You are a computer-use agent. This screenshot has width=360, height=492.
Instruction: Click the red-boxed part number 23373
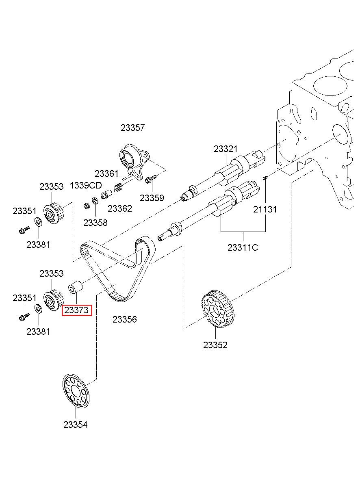point(76,310)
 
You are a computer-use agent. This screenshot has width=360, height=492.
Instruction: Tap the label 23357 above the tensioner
point(133,128)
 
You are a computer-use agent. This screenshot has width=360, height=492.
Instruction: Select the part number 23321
point(226,149)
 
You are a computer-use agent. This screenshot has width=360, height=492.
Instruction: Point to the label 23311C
point(243,247)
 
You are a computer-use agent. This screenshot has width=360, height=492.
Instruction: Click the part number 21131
point(265,209)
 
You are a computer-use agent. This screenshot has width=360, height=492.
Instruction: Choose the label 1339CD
point(86,185)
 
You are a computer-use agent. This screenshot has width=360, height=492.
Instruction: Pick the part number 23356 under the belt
point(125,319)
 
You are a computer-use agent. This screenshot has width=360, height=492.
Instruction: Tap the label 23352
point(215,345)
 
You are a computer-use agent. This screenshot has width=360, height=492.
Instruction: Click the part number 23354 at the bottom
point(75,425)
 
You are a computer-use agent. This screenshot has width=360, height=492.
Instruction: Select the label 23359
point(152,198)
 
